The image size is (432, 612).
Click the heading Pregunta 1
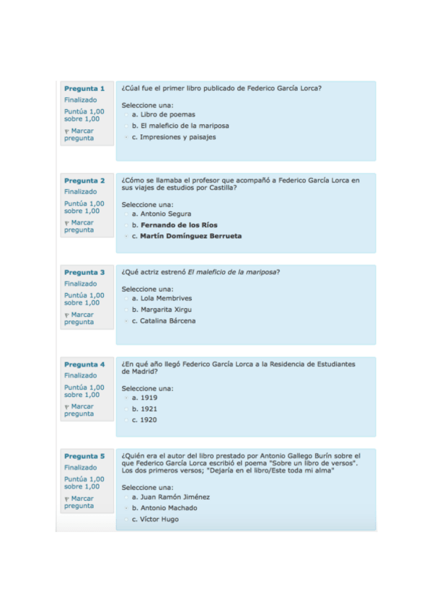(84, 89)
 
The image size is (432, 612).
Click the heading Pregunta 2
(84, 180)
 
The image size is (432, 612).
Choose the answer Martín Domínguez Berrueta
(190, 236)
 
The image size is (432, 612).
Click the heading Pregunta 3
(84, 273)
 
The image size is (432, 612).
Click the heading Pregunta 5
(84, 456)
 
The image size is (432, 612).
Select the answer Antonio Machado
(168, 508)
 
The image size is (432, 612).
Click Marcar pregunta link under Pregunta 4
(81, 410)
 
